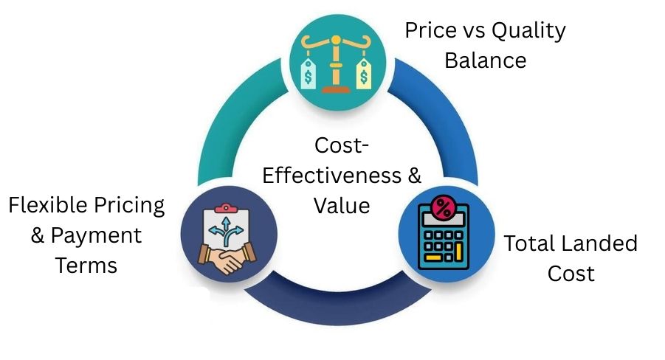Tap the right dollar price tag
[x=362, y=75]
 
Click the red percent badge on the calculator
[x=444, y=209]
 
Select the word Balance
[x=485, y=60]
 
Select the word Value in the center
[x=340, y=206]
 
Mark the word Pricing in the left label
[x=129, y=205]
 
